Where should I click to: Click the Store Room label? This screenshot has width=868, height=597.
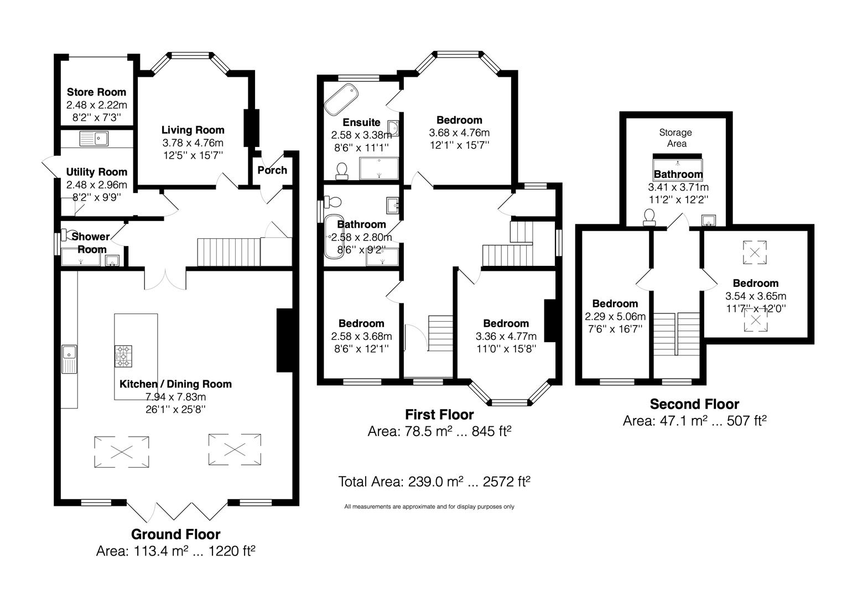96,92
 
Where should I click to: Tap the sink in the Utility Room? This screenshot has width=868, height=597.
95,138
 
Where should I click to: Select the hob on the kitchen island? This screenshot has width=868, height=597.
124,356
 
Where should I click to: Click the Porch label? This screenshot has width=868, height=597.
272,170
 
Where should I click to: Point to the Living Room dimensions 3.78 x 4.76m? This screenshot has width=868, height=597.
193,143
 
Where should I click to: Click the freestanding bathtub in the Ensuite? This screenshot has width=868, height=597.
341,99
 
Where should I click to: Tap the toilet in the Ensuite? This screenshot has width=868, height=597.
341,171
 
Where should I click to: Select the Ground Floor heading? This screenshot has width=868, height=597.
175,534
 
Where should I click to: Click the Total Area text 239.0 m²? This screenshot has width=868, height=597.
434,481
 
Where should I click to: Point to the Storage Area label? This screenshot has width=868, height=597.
675,138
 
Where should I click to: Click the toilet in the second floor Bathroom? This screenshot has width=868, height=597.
649,218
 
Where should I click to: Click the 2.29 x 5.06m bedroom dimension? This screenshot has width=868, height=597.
615,317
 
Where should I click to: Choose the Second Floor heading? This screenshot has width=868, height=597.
694,404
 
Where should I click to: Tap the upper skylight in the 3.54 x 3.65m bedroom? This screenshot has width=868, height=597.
754,252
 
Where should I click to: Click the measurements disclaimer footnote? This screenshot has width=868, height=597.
429,506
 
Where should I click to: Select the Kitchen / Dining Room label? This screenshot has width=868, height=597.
175,384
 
